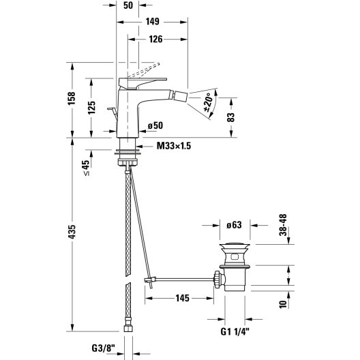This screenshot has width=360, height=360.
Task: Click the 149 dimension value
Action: pyautogui.click(x=153, y=22)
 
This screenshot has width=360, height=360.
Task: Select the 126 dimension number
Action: pyautogui.click(x=155, y=40)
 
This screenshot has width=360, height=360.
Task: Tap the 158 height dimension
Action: pyautogui.click(x=72, y=98)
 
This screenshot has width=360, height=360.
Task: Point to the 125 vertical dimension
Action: pyautogui.click(x=91, y=108)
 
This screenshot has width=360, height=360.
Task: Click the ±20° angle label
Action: pyautogui.click(x=208, y=102)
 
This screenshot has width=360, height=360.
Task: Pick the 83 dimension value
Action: pyautogui.click(x=231, y=117)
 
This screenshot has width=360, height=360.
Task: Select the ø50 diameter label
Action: pyautogui.click(x=155, y=125)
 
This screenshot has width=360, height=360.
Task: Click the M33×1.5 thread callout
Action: pyautogui.click(x=174, y=146)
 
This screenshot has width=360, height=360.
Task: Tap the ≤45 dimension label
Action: pyautogui.click(x=86, y=168)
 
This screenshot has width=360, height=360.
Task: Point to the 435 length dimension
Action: pyautogui.click(x=72, y=232)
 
